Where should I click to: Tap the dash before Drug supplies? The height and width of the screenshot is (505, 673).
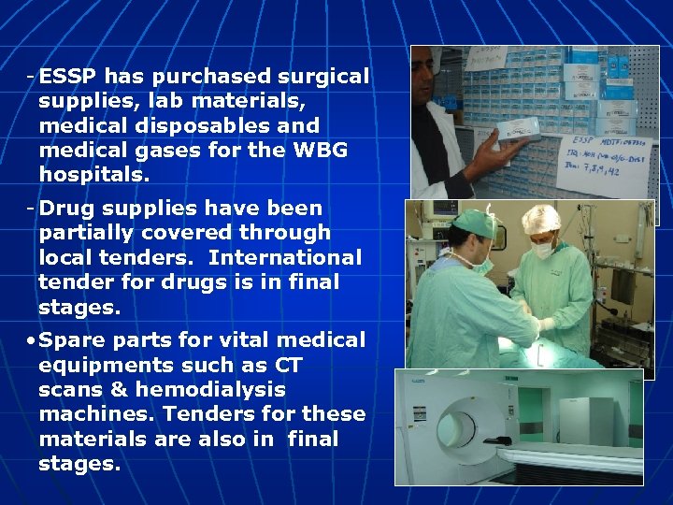click(x=31, y=208)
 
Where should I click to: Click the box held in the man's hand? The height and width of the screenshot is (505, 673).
click(x=508, y=133)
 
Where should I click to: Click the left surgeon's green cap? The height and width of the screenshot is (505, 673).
click(x=472, y=224)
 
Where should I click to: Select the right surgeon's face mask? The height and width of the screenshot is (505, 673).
click(x=543, y=248)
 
